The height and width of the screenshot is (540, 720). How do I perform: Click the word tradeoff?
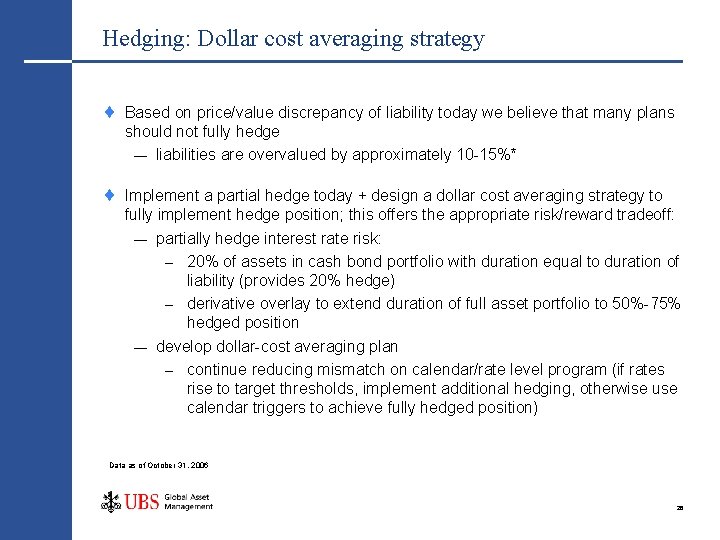[x=641, y=215]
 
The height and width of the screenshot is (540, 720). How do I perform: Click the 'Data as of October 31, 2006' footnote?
[x=158, y=465]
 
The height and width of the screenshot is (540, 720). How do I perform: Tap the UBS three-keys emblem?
[x=110, y=501]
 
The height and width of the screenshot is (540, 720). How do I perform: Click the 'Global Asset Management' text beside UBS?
[x=188, y=502]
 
